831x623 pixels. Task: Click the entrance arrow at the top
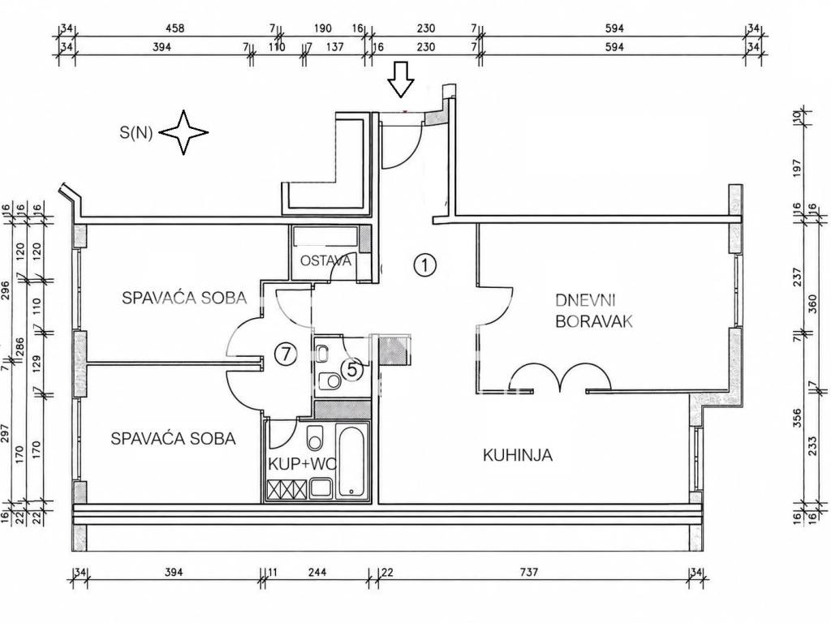click(x=400, y=79)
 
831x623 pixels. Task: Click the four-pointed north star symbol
click(x=183, y=132)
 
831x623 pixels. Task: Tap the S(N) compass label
click(x=136, y=132)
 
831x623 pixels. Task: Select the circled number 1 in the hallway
click(x=424, y=264)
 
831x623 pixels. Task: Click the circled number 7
click(x=286, y=354)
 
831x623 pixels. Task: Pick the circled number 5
click(x=352, y=369)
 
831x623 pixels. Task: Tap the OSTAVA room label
click(x=325, y=260)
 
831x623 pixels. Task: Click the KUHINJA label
click(x=518, y=455)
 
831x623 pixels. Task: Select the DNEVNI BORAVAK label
click(x=594, y=311)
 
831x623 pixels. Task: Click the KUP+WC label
click(x=302, y=464)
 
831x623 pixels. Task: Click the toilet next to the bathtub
click(x=315, y=436)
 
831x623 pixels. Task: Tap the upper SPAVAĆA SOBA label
click(x=184, y=298)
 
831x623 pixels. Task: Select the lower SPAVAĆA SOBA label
click(x=174, y=439)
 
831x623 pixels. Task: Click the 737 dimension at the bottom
click(x=529, y=572)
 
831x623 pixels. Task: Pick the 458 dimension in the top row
click(x=175, y=28)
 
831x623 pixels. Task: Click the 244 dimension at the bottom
click(x=317, y=572)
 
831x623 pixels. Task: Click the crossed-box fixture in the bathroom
click(x=287, y=489)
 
